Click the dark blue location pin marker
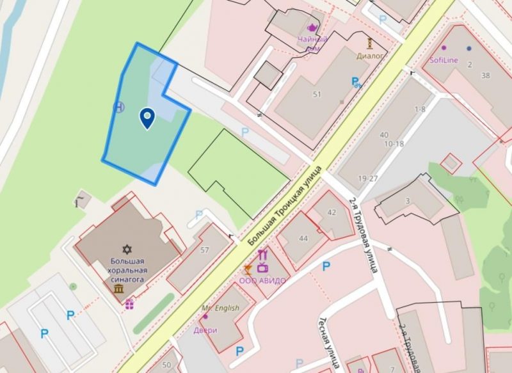(x=147, y=118)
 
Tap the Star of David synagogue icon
(x=127, y=249)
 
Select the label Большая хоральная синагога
(x=127, y=270)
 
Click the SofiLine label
(x=442, y=60)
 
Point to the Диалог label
(x=370, y=56)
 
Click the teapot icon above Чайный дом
(x=312, y=28)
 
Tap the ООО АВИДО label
(x=262, y=280)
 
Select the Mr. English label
(x=220, y=308)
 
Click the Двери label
(x=205, y=330)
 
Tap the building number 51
(x=316, y=95)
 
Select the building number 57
(x=205, y=250)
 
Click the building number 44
(x=303, y=239)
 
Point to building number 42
(x=332, y=212)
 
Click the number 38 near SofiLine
(x=485, y=75)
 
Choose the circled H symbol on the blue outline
(x=119, y=107)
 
